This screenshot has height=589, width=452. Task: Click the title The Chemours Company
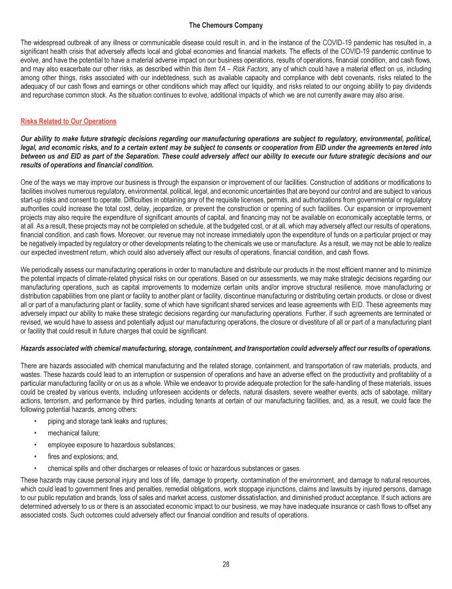point(226,25)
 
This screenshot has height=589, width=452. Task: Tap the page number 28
point(226,564)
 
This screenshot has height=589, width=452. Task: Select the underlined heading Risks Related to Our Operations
point(68,121)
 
